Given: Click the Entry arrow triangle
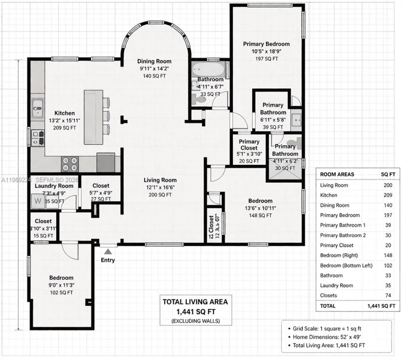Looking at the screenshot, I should (108, 251).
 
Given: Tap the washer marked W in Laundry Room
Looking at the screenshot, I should (38, 201).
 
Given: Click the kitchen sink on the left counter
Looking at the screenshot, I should (38, 107).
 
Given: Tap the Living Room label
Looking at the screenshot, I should (160, 180).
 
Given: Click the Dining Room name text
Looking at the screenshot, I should (154, 61).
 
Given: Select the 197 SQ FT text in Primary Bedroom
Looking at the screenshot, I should (266, 59).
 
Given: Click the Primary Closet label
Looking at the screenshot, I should (249, 145).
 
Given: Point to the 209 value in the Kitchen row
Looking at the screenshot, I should (388, 195).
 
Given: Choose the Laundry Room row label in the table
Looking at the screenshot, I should (336, 286).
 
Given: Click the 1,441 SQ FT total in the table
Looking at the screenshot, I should (381, 306).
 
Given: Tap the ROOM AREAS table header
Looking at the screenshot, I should (337, 174).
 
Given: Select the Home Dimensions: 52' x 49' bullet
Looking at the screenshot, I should (326, 337).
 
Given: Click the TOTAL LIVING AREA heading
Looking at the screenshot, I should (195, 302).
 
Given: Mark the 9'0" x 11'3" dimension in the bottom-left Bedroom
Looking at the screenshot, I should (61, 285).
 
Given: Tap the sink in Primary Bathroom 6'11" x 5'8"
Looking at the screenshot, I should (296, 120).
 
